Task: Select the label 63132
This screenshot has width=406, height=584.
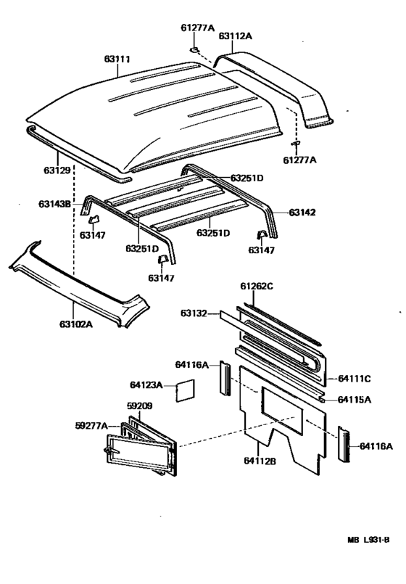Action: click(194, 313)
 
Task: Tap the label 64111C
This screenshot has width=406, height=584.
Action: click(355, 378)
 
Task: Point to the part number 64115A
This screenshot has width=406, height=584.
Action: click(355, 399)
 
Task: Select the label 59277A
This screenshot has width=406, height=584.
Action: click(91, 425)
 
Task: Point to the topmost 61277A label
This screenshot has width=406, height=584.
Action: click(197, 28)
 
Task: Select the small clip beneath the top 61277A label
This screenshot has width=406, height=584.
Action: click(195, 49)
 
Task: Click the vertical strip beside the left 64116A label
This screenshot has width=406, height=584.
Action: click(225, 378)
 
